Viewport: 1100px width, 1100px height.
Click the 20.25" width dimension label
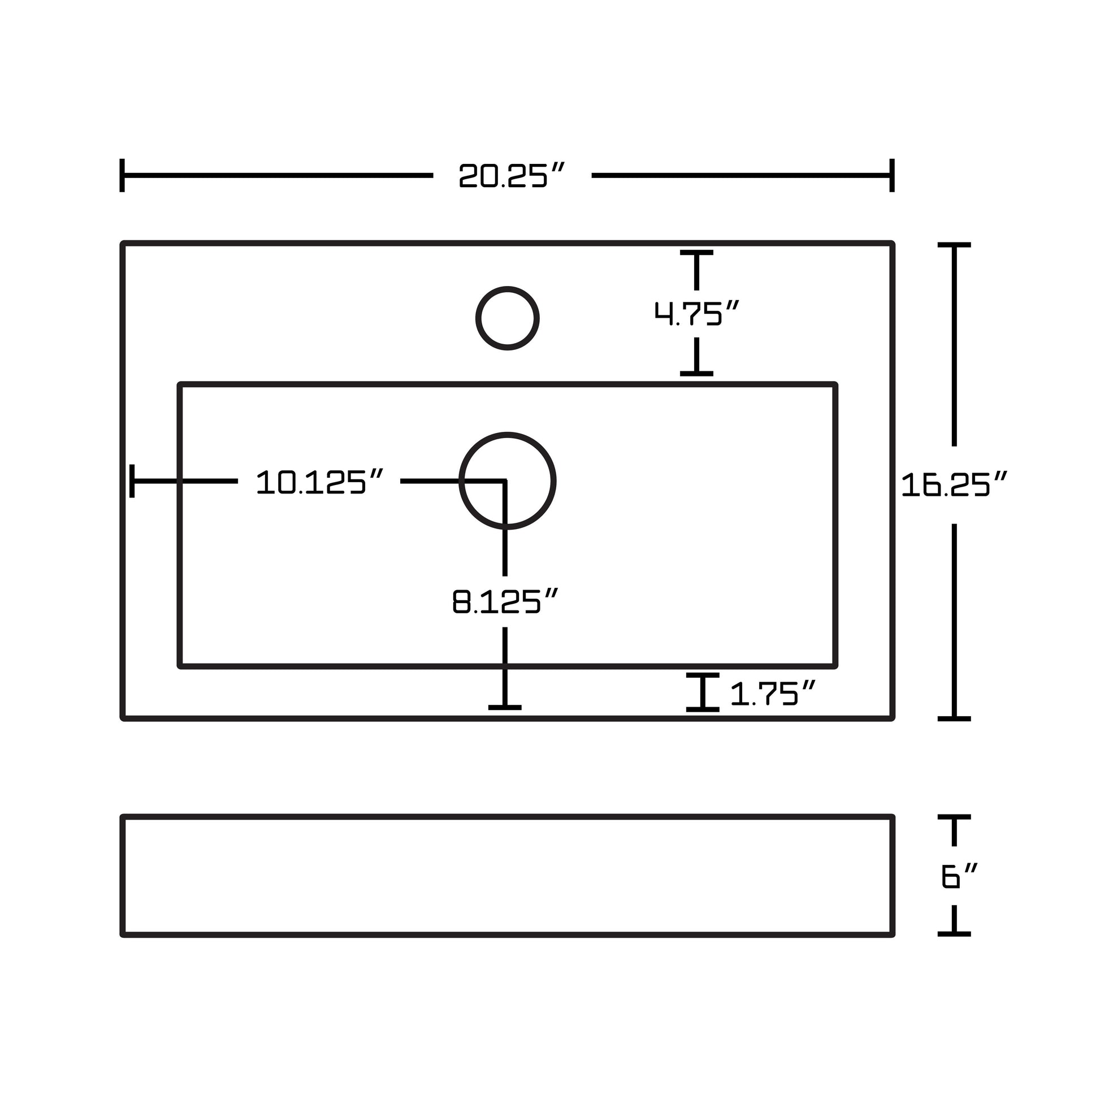click(511, 175)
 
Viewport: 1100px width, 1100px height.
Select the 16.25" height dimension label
click(954, 484)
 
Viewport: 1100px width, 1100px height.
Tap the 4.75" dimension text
click(696, 313)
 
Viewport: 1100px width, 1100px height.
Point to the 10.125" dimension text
click(319, 482)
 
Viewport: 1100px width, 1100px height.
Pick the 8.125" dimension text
click(504, 602)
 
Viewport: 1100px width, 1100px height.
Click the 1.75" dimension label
click(772, 694)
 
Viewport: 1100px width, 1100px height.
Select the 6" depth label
click(959, 877)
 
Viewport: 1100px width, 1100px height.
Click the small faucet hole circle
click(507, 318)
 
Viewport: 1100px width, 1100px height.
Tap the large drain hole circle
click(507, 481)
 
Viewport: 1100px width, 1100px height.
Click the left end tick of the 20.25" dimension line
click(123, 175)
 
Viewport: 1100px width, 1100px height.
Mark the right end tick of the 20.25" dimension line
click(891, 175)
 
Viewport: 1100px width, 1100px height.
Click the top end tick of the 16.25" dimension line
click(954, 245)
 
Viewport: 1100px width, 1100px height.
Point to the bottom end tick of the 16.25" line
click(954, 718)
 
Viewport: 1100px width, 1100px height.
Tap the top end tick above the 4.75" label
click(696, 253)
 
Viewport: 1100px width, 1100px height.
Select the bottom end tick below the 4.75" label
click(696, 374)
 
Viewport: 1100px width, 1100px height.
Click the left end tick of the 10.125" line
click(132, 481)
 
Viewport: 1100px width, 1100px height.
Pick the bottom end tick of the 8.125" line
click(505, 707)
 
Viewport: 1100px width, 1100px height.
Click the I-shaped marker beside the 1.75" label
click(703, 692)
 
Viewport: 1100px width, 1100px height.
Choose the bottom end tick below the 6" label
click(954, 934)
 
